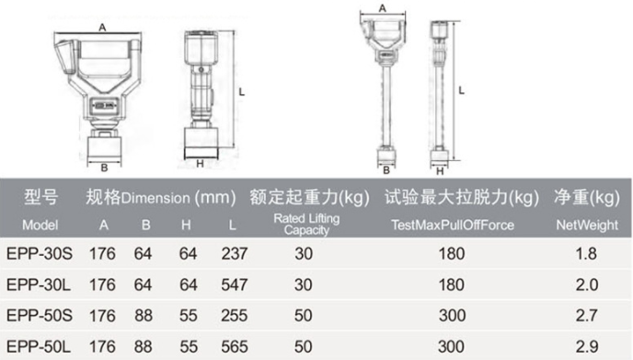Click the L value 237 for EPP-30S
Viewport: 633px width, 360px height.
tap(234, 254)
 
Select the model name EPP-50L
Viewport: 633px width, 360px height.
tap(39, 347)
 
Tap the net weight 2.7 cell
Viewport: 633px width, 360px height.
tap(587, 316)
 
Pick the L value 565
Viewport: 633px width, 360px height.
tap(234, 347)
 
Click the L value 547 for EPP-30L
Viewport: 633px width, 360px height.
tap(234, 285)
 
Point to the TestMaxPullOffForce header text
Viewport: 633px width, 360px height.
tap(453, 225)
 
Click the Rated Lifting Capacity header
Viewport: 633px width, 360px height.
tap(306, 225)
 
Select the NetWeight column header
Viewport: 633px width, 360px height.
tap(587, 225)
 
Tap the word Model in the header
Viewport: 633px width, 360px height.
tap(40, 225)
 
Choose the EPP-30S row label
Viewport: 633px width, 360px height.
tap(40, 254)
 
